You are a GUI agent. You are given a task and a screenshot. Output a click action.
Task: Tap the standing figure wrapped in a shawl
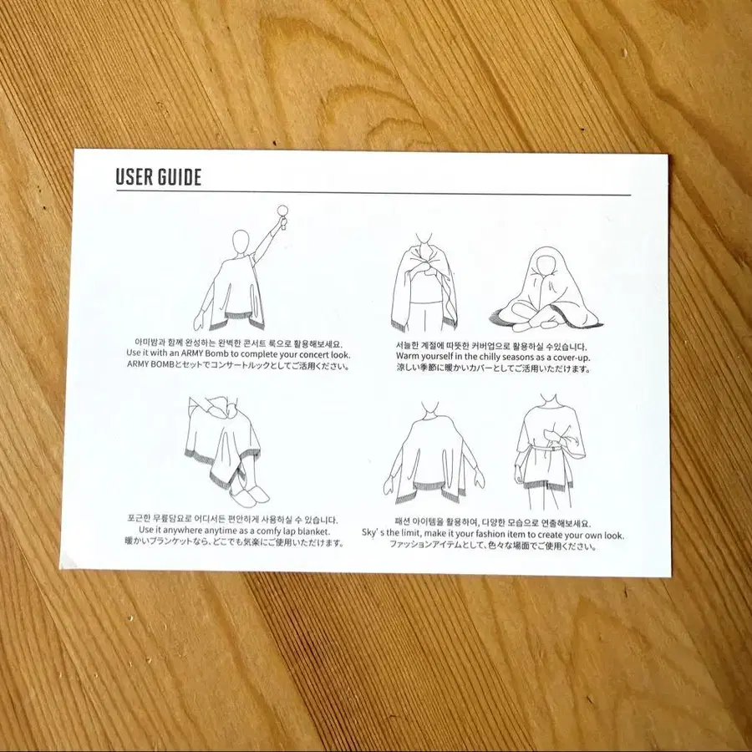point(424,283)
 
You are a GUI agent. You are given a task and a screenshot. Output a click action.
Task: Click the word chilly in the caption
point(478,357)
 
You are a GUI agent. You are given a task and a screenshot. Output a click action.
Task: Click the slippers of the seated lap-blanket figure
point(248,495)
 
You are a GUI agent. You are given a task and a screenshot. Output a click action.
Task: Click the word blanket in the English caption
point(314,531)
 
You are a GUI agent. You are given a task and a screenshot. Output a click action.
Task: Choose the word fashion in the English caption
point(490,534)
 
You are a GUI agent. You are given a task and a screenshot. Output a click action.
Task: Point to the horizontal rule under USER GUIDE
point(373,193)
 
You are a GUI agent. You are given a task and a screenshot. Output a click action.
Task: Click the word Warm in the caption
point(407,357)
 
